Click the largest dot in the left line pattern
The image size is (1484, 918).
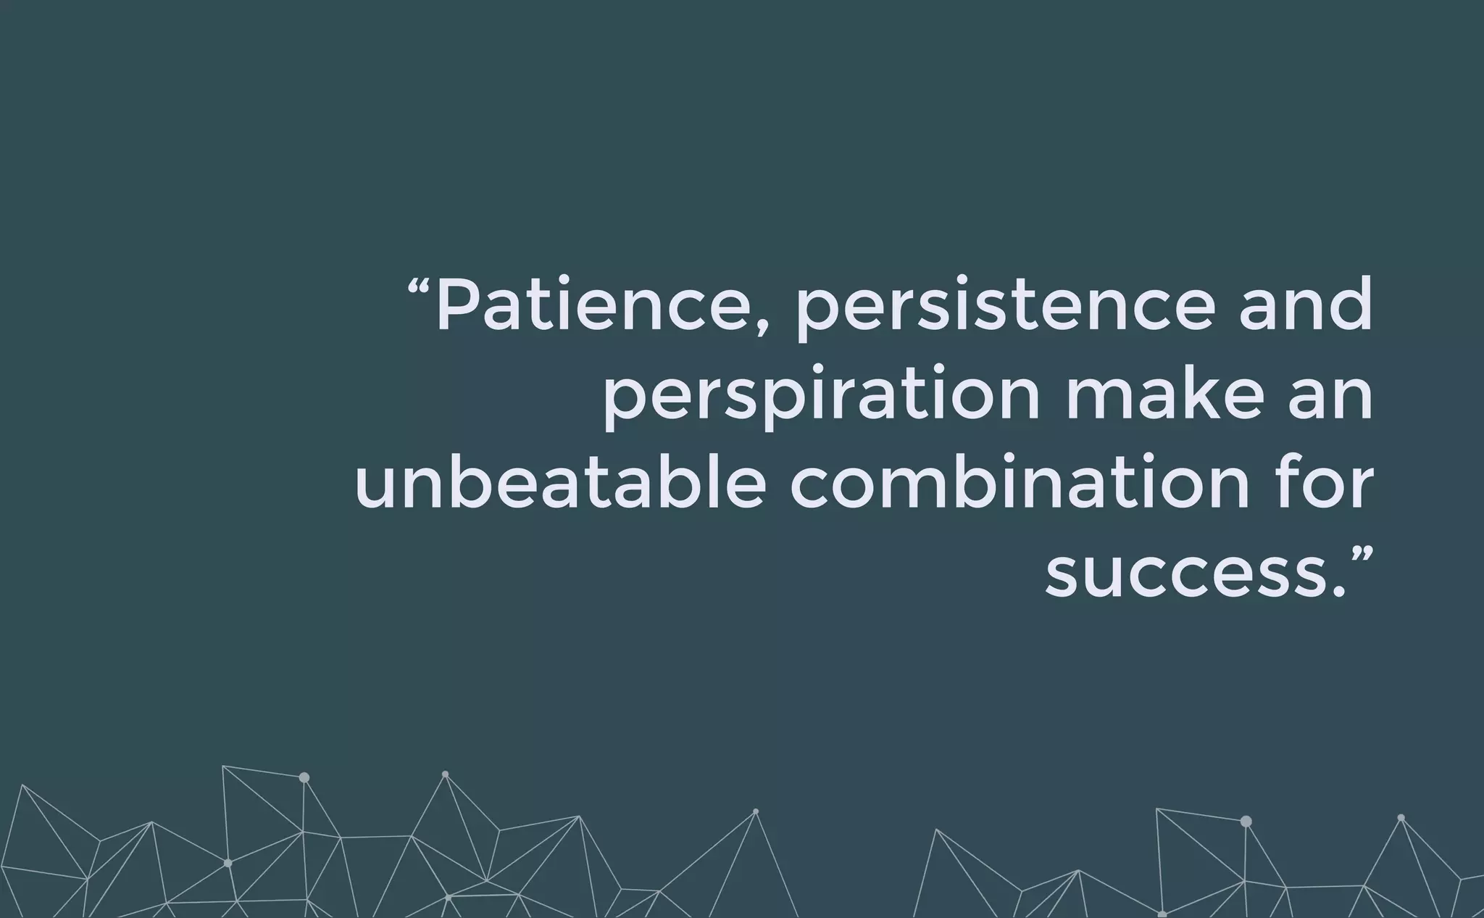304,777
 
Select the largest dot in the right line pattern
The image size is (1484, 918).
1246,822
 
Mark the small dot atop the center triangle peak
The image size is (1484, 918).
756,811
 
